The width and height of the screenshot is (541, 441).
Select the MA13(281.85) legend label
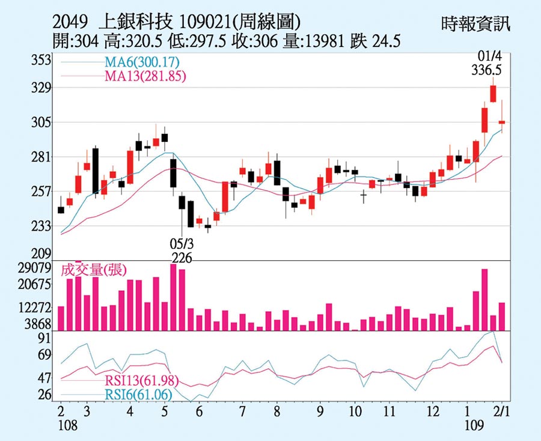pyautogui.click(x=144, y=76)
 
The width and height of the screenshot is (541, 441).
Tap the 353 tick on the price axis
pyautogui.click(x=43, y=61)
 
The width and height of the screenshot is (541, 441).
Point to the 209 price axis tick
pyautogui.click(x=43, y=253)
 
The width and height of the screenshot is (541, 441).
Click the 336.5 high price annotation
pyautogui.click(x=486, y=70)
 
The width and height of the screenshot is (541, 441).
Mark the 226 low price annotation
pyautogui.click(x=182, y=258)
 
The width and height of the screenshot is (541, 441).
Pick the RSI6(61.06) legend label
pyautogui.click(x=138, y=394)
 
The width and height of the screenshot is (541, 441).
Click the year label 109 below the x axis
pyautogui.click(x=474, y=425)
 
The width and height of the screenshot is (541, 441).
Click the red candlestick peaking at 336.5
pyautogui.click(x=493, y=93)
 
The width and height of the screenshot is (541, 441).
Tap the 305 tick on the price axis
pyautogui.click(x=43, y=123)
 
